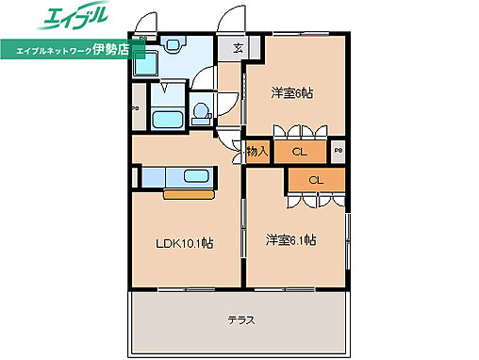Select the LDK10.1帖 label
184,243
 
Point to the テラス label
241,319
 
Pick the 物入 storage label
257,151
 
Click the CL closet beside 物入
299,151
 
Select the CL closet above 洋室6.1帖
316,180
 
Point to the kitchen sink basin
197,176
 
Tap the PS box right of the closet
338,150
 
